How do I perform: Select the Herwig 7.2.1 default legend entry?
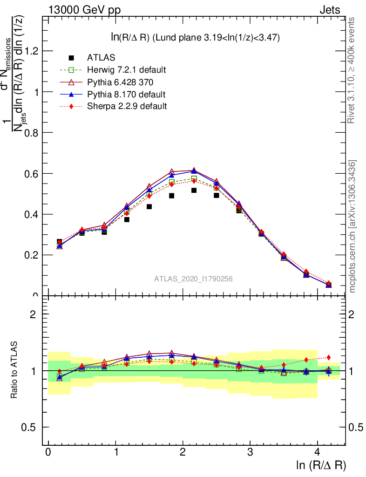(126, 70)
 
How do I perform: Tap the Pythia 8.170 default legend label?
(126, 94)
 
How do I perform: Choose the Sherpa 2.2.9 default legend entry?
(127, 106)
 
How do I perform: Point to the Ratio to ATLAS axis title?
(14, 370)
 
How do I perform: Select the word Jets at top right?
(330, 10)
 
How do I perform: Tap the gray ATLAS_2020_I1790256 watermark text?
(194, 279)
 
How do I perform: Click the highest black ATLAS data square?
(194, 190)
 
